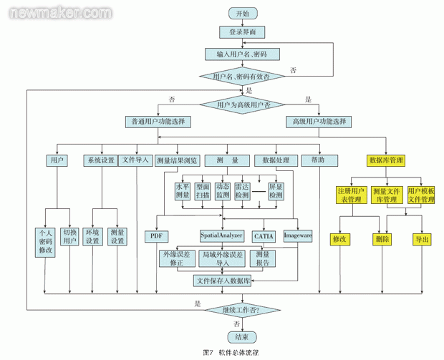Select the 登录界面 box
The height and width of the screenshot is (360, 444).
tap(242, 32)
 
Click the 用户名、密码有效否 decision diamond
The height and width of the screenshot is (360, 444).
tap(242, 76)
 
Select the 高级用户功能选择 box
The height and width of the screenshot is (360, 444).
tap(319, 122)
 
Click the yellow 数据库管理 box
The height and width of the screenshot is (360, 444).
tap(386, 160)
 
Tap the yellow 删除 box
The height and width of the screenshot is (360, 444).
tap(382, 239)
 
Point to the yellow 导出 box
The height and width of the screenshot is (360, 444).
tap(421, 239)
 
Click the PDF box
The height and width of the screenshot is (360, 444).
tap(155, 235)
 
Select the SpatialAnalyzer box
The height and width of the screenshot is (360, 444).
tap(222, 235)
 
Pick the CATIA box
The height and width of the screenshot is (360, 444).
tap(263, 235)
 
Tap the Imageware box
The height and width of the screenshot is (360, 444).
tap(299, 235)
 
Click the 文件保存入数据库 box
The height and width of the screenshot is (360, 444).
tap(226, 281)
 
